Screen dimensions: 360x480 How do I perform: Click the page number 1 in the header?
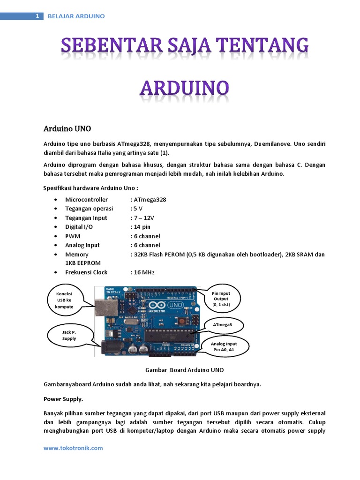37,16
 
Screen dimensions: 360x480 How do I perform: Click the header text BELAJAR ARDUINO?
76,16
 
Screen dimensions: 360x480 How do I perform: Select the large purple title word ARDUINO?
184,89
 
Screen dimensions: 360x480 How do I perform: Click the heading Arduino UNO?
67,128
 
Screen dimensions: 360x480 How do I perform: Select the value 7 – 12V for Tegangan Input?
143,217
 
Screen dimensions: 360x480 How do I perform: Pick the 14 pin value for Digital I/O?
142,227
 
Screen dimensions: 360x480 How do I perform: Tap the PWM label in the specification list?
72,236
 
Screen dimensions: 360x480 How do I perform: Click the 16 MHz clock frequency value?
143,272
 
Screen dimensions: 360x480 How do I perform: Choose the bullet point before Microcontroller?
56,200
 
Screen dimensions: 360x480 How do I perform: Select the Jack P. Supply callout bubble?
69,335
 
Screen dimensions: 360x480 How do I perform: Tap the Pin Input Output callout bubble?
220,299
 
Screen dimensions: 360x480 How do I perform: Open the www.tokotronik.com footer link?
73,448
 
